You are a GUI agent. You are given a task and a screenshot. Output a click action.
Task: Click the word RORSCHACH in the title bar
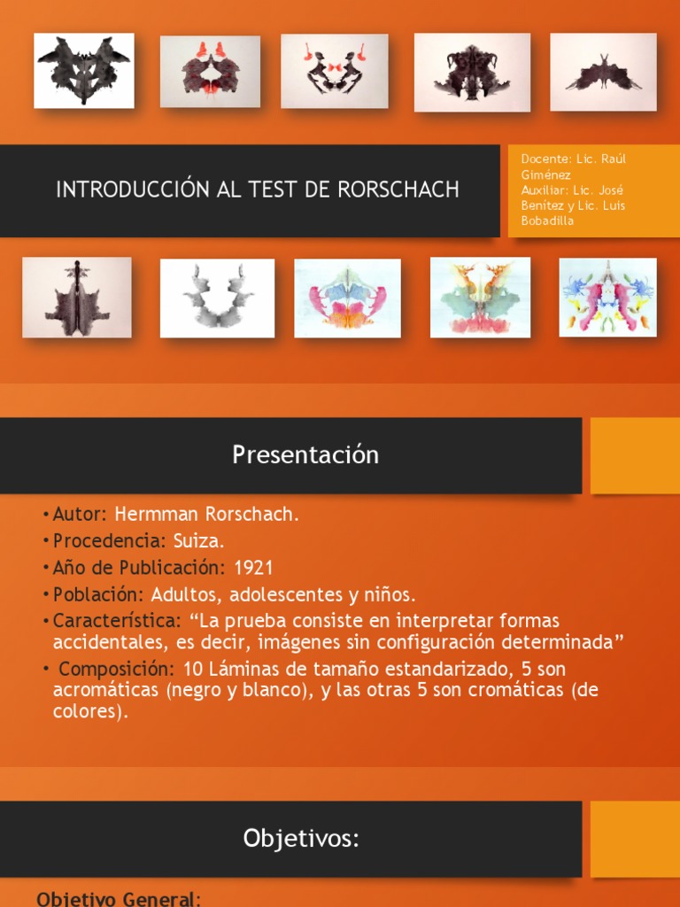[408, 190]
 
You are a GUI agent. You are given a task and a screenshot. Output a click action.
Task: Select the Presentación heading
[305, 455]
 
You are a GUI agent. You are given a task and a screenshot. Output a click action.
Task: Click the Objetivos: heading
[302, 839]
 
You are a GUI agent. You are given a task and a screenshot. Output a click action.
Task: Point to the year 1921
[253, 568]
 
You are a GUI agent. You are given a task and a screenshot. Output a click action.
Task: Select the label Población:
[98, 594]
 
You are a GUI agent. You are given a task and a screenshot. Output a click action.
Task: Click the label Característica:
[117, 621]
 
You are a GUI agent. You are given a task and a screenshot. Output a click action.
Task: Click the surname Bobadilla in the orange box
[547, 221]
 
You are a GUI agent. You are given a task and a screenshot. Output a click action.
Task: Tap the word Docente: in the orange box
[546, 159]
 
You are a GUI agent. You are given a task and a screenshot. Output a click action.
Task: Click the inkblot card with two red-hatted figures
[335, 71]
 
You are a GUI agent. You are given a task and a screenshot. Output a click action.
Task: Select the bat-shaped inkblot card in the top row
[603, 72]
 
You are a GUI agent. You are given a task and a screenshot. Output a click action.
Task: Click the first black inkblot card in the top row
[84, 71]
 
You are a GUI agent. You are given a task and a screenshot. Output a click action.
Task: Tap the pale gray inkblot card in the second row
[217, 298]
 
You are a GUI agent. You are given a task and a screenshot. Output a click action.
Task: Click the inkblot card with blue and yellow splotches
[607, 297]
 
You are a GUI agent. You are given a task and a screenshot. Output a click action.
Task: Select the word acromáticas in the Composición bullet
[99, 691]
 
